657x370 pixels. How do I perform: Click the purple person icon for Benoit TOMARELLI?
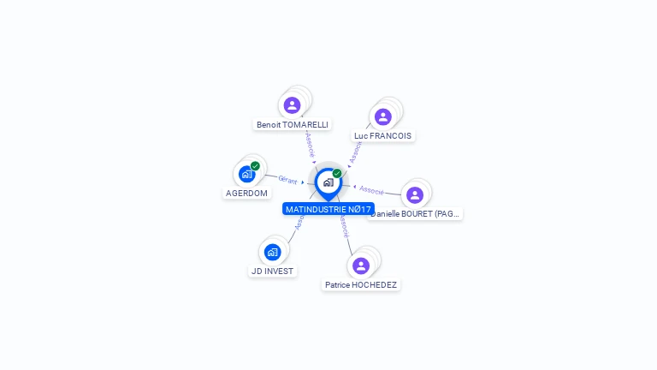(x=293, y=105)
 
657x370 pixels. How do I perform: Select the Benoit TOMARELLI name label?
(x=293, y=124)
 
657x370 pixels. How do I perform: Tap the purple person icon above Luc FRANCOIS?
(x=383, y=116)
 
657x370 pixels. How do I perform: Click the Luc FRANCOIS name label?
(x=382, y=135)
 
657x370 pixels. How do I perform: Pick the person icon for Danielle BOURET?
(x=415, y=195)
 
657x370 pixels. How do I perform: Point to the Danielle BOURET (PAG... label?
(x=415, y=213)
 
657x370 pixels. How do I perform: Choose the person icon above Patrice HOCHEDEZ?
(x=361, y=266)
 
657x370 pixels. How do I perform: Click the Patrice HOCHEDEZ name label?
(x=361, y=284)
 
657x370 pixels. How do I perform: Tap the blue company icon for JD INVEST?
(x=272, y=252)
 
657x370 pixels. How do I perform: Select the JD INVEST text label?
(x=272, y=271)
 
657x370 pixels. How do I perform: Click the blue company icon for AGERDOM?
(x=246, y=174)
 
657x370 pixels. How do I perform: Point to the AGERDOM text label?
(x=246, y=193)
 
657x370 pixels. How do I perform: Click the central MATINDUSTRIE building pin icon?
(x=328, y=182)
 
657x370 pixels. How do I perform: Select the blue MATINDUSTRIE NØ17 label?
(x=328, y=209)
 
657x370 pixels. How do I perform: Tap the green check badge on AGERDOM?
(x=255, y=166)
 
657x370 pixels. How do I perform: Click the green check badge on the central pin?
(x=337, y=174)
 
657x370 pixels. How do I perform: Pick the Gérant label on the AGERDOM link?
(x=287, y=179)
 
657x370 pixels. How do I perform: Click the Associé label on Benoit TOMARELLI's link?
(x=310, y=144)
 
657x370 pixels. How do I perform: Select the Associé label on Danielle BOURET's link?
(x=371, y=189)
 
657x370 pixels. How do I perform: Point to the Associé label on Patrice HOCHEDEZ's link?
(x=343, y=225)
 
